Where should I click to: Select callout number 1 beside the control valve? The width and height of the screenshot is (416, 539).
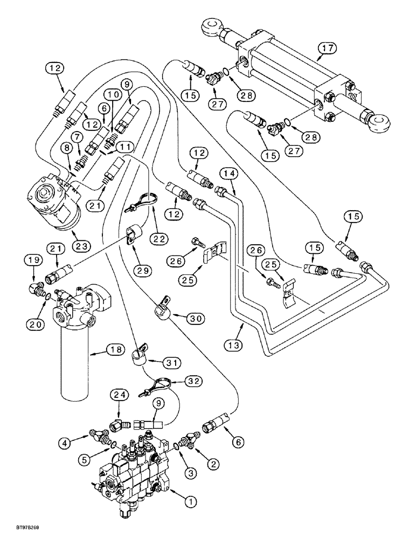click(189, 501)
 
